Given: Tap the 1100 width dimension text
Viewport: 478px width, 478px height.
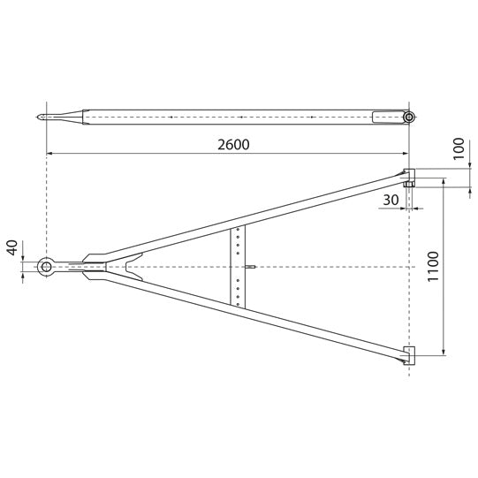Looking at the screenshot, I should pyautogui.click(x=432, y=265).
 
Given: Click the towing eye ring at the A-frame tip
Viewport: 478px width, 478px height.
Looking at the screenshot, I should pyautogui.click(x=46, y=267).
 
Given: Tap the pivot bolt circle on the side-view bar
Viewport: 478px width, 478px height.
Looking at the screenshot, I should pyautogui.click(x=408, y=117).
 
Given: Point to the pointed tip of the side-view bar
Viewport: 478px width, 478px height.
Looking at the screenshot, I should pyautogui.click(x=38, y=117).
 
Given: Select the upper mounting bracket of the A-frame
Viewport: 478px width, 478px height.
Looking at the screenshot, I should pyautogui.click(x=409, y=174).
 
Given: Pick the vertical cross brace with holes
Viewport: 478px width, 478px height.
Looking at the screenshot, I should pyautogui.click(x=238, y=266).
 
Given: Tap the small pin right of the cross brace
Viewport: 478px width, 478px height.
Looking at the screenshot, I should pyautogui.click(x=251, y=267).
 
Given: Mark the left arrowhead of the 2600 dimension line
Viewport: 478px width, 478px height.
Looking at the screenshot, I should pyautogui.click(x=49, y=154).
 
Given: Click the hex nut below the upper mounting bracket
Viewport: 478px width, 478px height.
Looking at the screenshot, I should pyautogui.click(x=409, y=185).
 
